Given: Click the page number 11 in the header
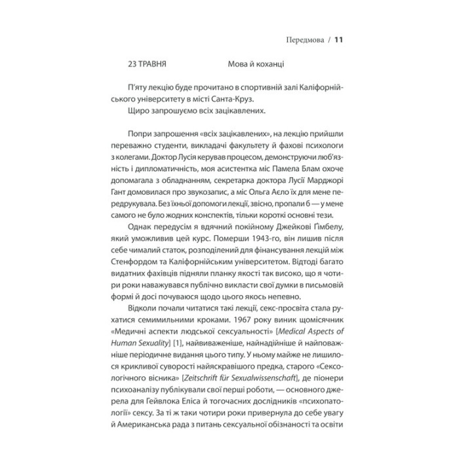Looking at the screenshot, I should point(339,39).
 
